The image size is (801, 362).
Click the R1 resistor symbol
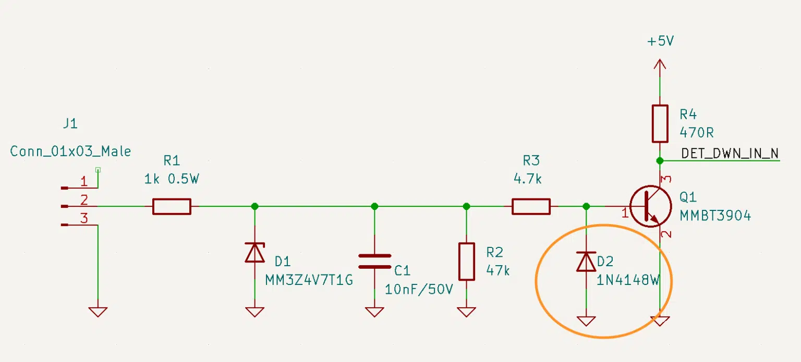tap(172, 206)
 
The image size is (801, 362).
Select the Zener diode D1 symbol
tap(255, 253)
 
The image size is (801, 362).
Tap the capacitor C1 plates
tap(374, 261)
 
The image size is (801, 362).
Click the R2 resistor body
tap(466, 261)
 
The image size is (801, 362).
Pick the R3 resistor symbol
tap(531, 206)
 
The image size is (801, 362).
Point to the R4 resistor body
tap(660, 123)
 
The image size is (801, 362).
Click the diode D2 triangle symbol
tap(586, 261)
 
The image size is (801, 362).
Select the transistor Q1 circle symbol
tap(651, 206)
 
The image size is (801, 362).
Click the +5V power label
tap(661, 41)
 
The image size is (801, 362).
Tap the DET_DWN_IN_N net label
tap(730, 154)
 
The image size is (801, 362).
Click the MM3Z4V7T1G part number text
tap(309, 280)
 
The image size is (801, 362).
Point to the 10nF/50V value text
tap(419, 289)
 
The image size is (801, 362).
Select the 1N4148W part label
tap(628, 280)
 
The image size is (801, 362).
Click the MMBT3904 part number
tap(715, 216)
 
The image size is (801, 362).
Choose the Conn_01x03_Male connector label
tap(70, 152)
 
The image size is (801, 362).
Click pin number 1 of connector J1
tap(83, 181)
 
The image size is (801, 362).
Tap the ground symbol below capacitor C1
tap(374, 312)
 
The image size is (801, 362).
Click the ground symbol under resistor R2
tap(466, 312)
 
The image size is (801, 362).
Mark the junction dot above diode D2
tap(586, 206)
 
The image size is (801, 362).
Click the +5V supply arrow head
tap(660, 64)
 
